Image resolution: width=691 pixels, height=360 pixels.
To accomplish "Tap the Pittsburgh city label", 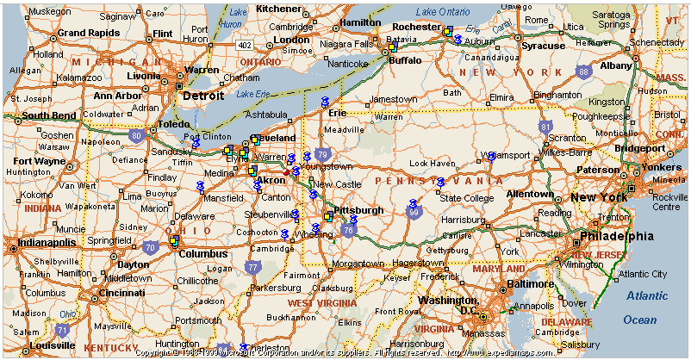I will point(358,210).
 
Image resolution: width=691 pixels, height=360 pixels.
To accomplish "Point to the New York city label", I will point(599,197).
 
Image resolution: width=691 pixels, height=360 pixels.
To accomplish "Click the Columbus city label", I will point(202,253).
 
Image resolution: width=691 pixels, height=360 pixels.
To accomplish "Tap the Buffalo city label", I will point(406,60).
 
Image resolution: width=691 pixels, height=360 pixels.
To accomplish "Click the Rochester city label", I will point(417,27).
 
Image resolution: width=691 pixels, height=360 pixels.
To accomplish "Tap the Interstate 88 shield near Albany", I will point(584,72).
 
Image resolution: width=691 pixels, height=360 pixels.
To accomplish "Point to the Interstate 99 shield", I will point(414,212).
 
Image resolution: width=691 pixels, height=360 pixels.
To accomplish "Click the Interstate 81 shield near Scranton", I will point(545,127).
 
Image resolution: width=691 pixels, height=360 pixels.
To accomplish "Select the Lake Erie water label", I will point(252,93).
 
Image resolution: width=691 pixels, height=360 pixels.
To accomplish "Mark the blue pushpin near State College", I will point(440,183).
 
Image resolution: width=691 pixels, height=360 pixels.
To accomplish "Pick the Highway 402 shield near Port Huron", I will point(246,45).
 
